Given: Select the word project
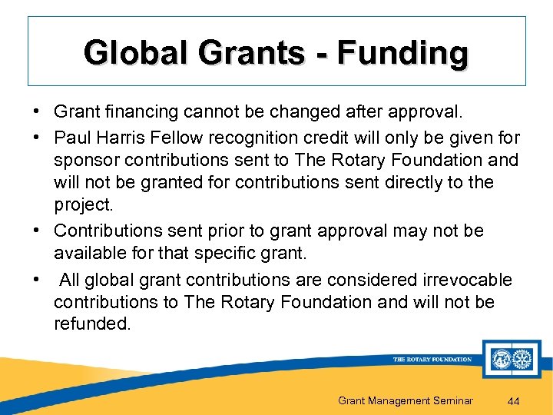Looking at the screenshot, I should [x=81, y=206].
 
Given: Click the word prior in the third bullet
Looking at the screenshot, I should [x=229, y=231].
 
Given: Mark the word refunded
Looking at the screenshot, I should [x=92, y=324].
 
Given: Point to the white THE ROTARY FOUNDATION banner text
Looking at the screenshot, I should [x=432, y=359].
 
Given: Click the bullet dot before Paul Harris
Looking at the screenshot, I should [x=37, y=138].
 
